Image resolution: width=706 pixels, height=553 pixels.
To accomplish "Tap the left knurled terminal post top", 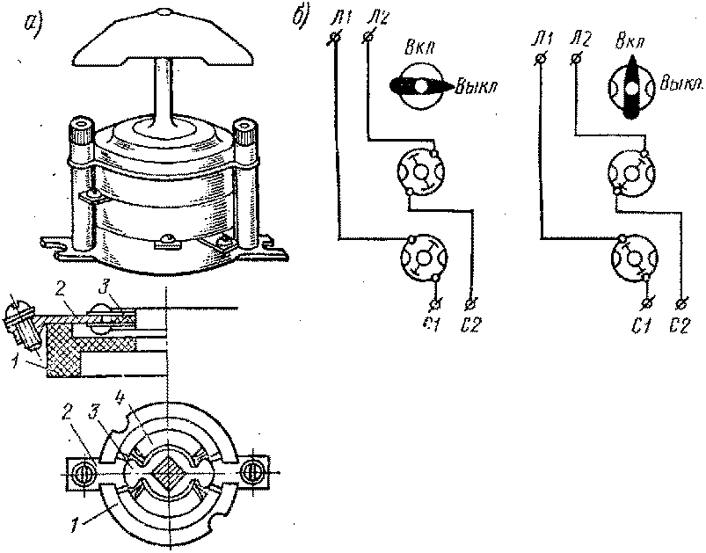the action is point(82,123).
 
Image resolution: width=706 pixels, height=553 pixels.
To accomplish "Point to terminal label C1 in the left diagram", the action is point(433,325).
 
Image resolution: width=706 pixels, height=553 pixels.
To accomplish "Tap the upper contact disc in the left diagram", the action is point(421,171).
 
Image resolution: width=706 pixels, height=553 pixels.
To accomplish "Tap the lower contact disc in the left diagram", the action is point(424,258).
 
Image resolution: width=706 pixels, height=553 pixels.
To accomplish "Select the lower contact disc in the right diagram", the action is point(635,258).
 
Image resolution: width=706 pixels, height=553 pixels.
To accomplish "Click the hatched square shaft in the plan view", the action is point(168,474).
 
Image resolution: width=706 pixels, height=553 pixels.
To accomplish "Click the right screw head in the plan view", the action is point(251,474).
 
